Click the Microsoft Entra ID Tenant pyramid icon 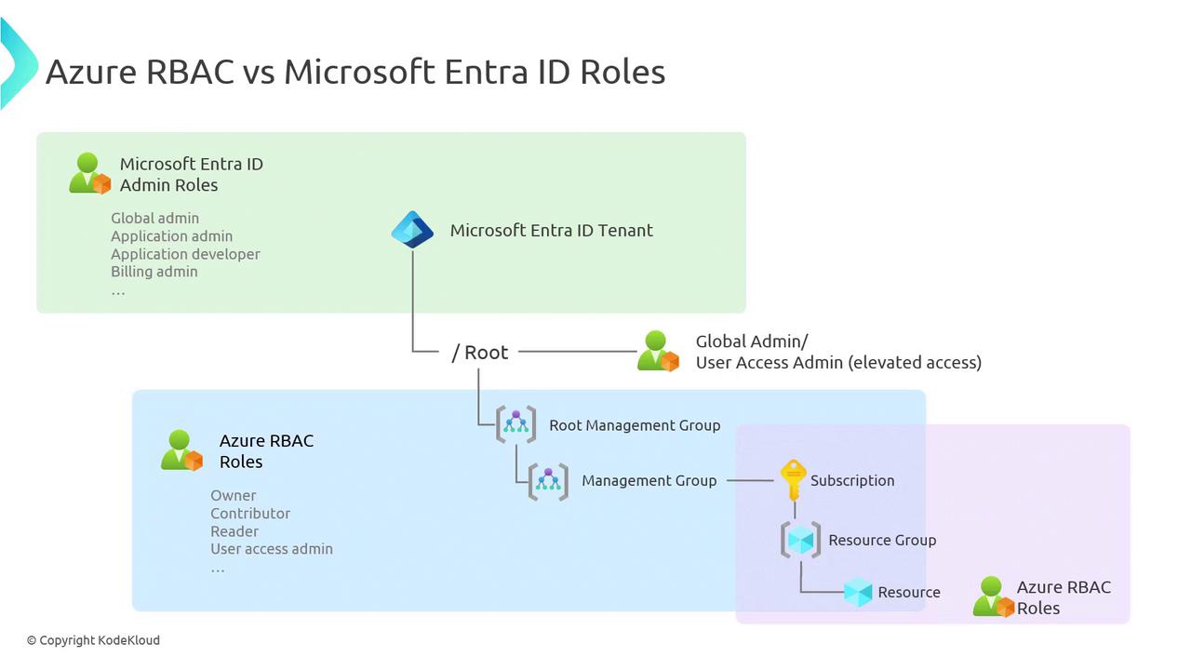[x=412, y=230]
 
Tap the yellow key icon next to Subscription [x=793, y=480]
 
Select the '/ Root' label [x=480, y=352]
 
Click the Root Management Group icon [x=515, y=424]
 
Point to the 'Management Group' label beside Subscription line [x=649, y=480]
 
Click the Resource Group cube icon [x=800, y=540]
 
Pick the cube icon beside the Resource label [x=858, y=592]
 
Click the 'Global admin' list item [x=154, y=218]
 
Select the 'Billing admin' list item [x=154, y=272]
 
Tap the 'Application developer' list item [x=185, y=254]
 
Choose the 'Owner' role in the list [x=233, y=495]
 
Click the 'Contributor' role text [x=249, y=513]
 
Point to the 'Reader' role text [x=234, y=531]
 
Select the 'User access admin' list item [x=271, y=549]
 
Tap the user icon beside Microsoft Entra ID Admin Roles [x=89, y=174]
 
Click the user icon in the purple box [x=993, y=597]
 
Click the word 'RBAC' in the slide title [x=190, y=72]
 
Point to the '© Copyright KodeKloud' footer [x=93, y=640]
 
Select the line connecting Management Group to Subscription [x=749, y=480]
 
